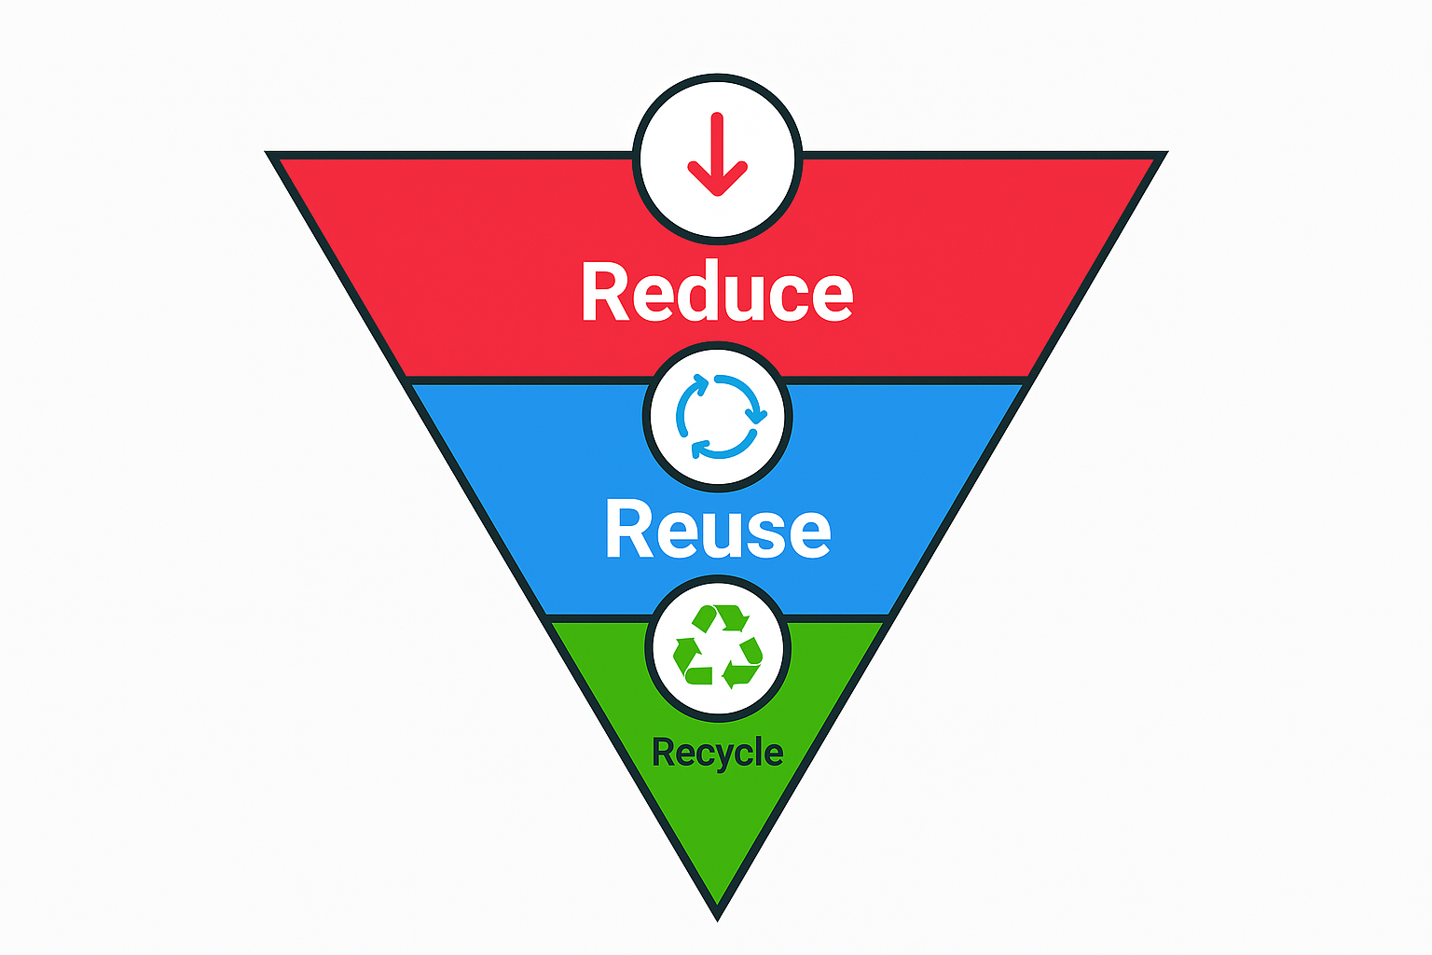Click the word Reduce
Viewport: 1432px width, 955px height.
(717, 292)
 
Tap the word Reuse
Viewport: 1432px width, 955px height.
(718, 529)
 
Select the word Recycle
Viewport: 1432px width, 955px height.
(717, 753)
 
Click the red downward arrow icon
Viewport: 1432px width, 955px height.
(717, 154)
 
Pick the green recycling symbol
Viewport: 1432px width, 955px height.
(718, 646)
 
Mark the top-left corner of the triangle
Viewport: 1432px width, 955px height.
(266, 152)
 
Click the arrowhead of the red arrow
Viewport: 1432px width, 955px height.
(717, 179)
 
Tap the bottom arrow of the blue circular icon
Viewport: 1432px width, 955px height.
(723, 447)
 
